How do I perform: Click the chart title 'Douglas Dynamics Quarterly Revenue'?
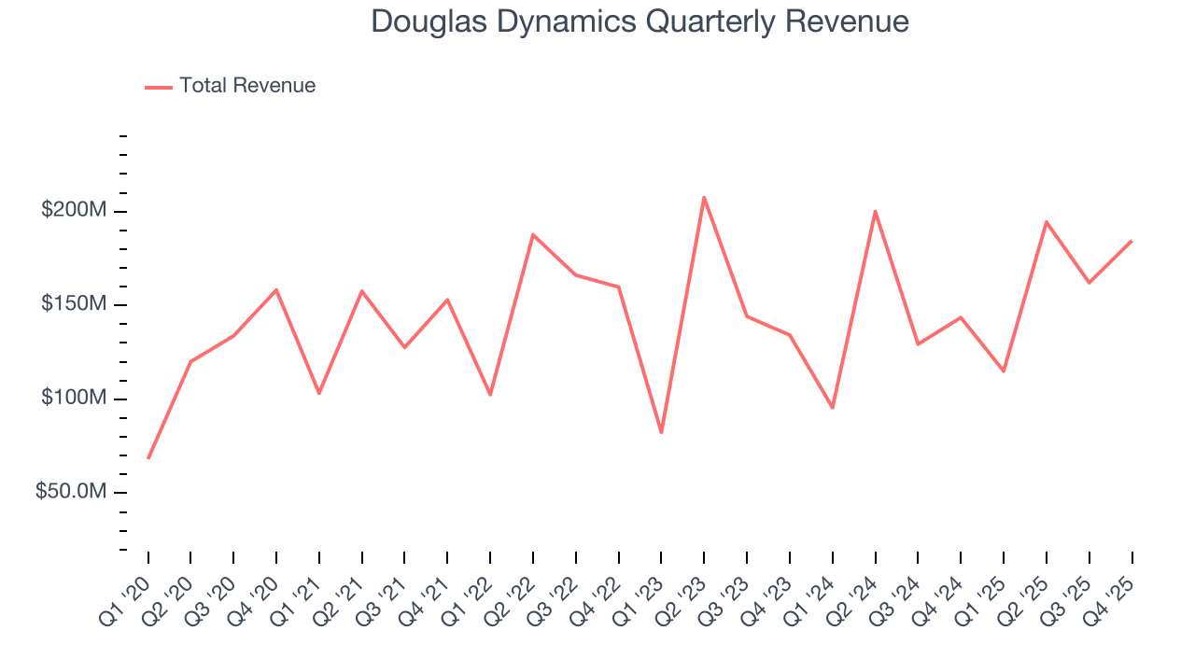[640, 21]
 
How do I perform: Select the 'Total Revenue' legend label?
[247, 86]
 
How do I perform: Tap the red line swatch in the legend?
[159, 87]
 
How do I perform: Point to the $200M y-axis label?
[74, 211]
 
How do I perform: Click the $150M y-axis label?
[74, 305]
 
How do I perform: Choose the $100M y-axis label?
[74, 399]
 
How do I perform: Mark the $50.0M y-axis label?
[71, 492]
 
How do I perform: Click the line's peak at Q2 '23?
[704, 197]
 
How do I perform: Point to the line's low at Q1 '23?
[661, 432]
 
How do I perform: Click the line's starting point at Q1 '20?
[148, 457]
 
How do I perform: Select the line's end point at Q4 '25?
[1132, 241]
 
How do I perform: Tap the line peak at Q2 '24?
[875, 211]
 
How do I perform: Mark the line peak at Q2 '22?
[533, 234]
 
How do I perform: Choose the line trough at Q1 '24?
[832, 408]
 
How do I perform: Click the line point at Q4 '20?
[276, 289]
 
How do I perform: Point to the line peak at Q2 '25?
[1046, 221]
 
